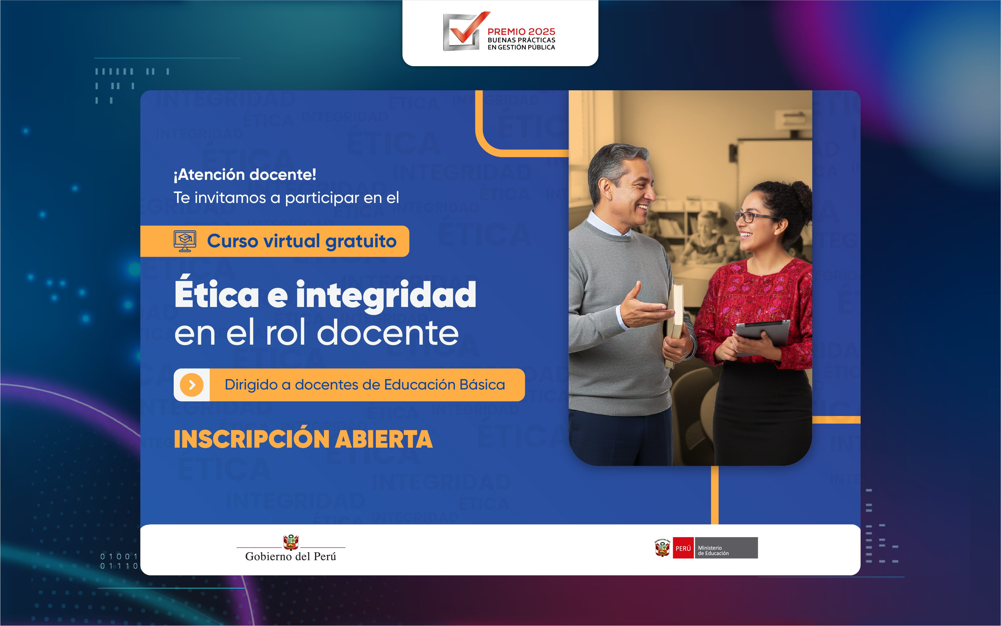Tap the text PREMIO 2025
pyautogui.click(x=521, y=32)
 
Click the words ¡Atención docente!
pyautogui.click(x=245, y=175)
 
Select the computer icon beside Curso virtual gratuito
pyautogui.click(x=185, y=241)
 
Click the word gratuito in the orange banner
pyautogui.click(x=361, y=241)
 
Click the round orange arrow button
pyautogui.click(x=192, y=385)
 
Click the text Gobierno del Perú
pyautogui.click(x=291, y=557)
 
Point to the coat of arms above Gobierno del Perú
pyautogui.click(x=291, y=541)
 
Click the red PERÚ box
pyautogui.click(x=683, y=548)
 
